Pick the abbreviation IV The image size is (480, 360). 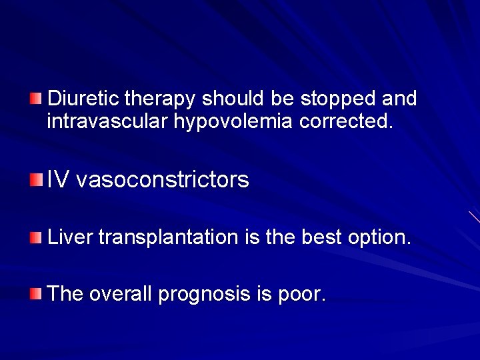point(57,179)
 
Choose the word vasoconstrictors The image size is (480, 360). point(163,179)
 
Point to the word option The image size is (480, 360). point(380,237)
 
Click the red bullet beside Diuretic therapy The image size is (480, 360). point(35,99)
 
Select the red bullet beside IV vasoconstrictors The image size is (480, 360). point(35,178)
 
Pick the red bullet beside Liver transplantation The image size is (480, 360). point(35,237)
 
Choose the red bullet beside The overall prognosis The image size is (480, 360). point(35,293)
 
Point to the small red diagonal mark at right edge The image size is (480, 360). point(474,217)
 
